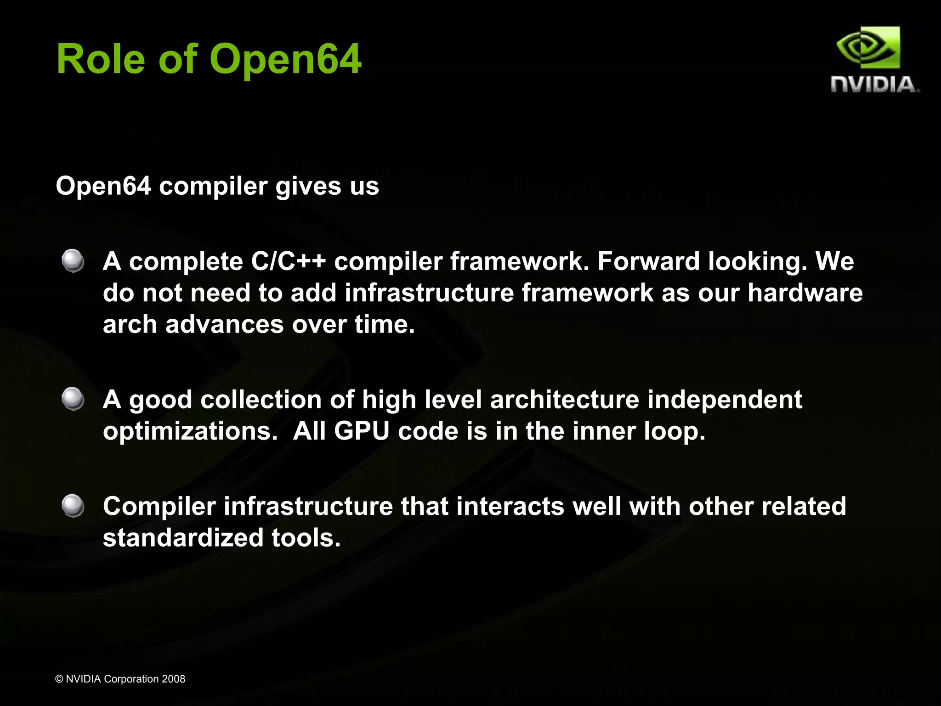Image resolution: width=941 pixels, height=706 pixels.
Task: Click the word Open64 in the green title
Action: click(285, 59)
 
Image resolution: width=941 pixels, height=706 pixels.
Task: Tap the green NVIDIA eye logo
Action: click(868, 48)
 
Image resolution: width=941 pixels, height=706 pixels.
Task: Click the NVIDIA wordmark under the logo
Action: click(874, 85)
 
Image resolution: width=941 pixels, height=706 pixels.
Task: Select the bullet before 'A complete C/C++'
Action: click(73, 261)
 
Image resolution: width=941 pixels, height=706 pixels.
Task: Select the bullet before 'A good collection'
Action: click(73, 399)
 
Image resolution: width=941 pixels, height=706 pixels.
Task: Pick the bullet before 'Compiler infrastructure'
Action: click(73, 506)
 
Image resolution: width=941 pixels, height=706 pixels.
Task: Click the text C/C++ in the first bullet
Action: click(288, 262)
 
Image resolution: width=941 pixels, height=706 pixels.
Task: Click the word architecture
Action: click(565, 400)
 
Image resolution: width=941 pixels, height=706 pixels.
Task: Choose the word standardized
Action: click(183, 538)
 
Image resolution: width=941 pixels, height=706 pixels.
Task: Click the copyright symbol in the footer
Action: click(59, 679)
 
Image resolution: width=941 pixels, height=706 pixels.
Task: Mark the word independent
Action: click(725, 400)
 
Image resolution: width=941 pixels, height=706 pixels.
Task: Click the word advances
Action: click(225, 325)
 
